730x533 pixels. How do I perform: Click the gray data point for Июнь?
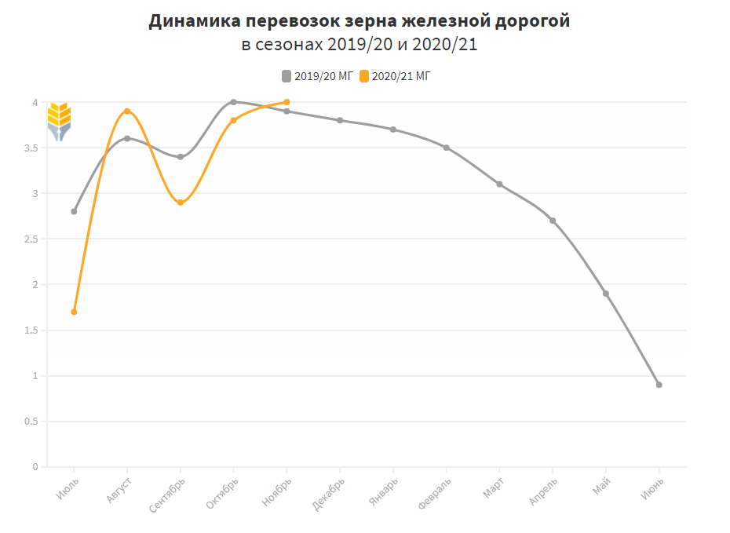pyautogui.click(x=659, y=385)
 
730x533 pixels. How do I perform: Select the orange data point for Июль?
pyautogui.click(x=75, y=312)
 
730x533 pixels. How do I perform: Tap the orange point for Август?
pyautogui.click(x=127, y=111)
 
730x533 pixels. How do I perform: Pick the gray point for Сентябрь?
pyautogui.click(x=181, y=157)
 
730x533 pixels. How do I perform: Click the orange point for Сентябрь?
pyautogui.click(x=181, y=203)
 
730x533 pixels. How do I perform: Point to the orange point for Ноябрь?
pyautogui.click(x=287, y=102)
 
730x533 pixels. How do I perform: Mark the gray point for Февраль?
pyautogui.click(x=447, y=148)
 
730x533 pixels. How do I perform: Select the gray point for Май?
pyautogui.click(x=606, y=294)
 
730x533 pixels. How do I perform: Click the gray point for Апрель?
pyautogui.click(x=553, y=221)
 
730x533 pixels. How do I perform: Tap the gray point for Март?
pyautogui.click(x=499, y=184)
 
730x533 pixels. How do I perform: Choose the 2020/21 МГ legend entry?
pyautogui.click(x=396, y=76)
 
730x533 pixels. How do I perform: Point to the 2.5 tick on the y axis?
pyautogui.click(x=32, y=239)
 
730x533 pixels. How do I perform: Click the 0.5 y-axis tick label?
pyautogui.click(x=32, y=422)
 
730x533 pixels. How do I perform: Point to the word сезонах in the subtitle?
pyautogui.click(x=289, y=45)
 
